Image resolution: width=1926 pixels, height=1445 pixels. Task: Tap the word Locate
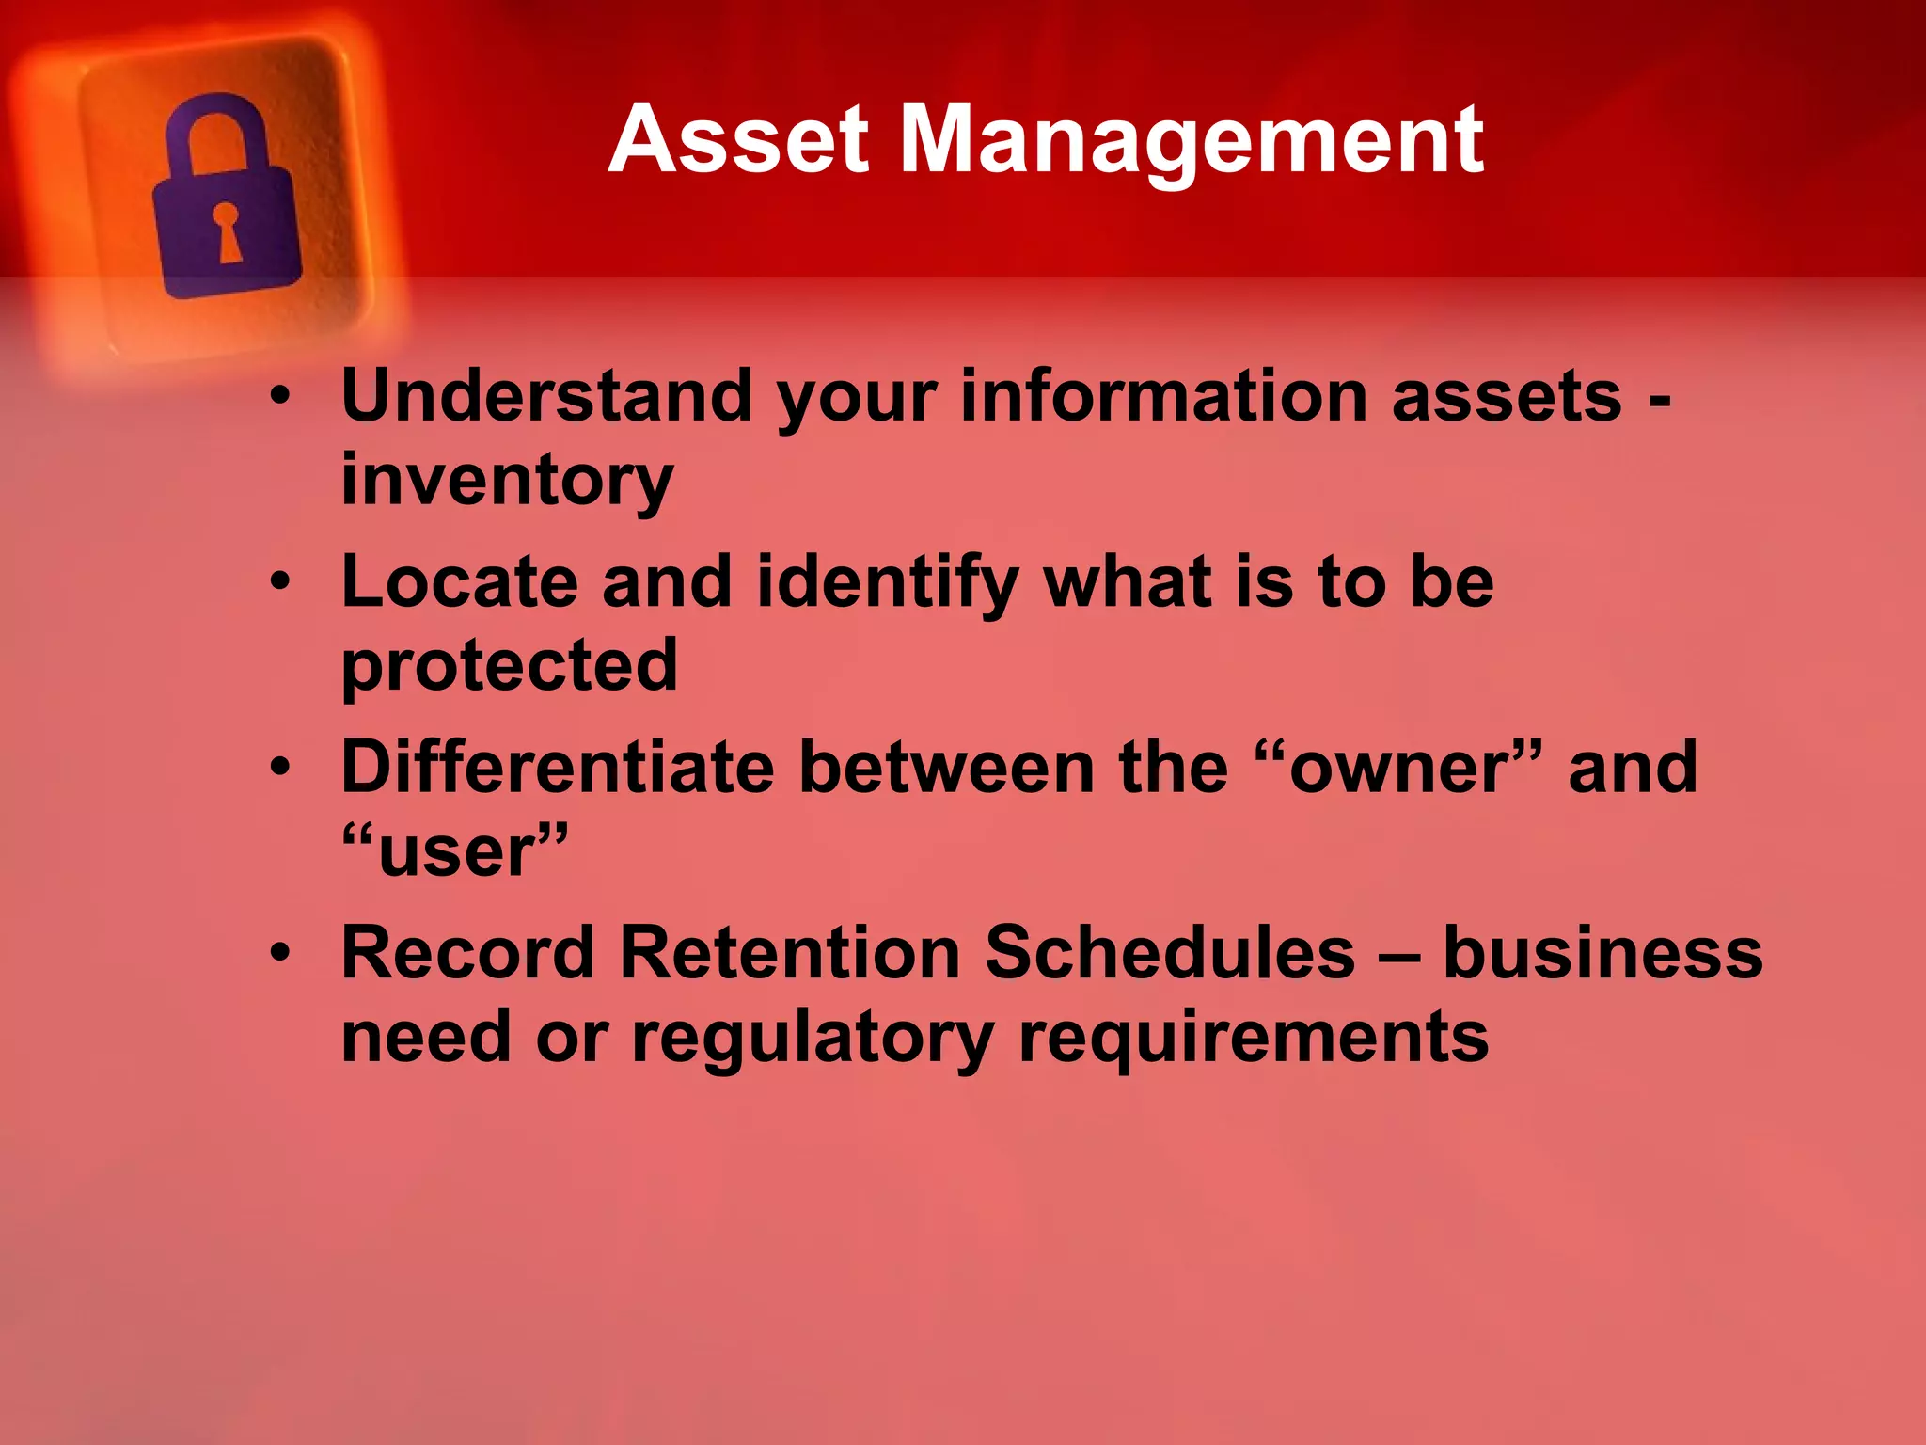[459, 581]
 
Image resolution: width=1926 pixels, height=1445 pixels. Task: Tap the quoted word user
[456, 850]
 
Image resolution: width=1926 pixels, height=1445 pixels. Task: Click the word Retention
[789, 952]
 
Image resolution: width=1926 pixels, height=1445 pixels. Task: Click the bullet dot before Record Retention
[280, 953]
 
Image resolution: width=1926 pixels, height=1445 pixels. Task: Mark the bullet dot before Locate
[280, 582]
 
